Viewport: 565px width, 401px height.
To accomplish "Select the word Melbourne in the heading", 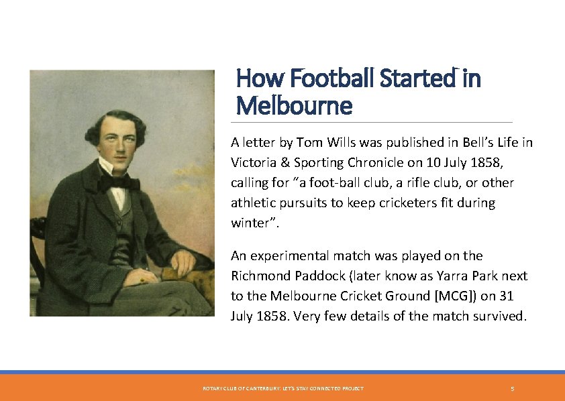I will coord(294,105).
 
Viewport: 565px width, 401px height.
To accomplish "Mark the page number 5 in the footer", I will coord(512,389).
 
